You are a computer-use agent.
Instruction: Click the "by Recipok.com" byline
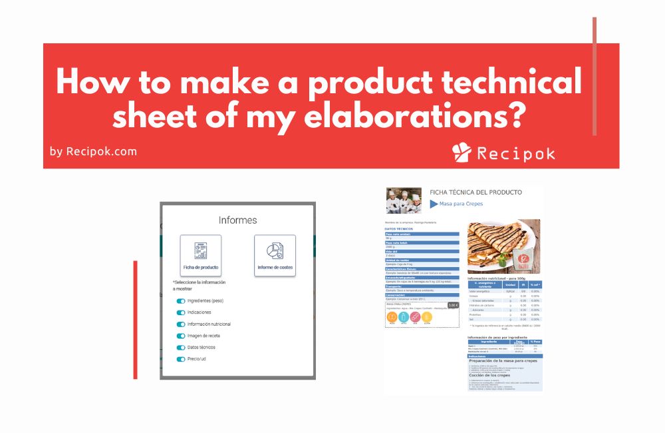click(93, 151)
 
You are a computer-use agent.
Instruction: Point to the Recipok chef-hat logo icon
click(461, 153)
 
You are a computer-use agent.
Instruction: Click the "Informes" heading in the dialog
click(237, 220)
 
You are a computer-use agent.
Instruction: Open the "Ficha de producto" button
click(201, 256)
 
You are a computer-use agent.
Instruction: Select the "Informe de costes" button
click(275, 256)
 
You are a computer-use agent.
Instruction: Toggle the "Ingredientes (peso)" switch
click(181, 301)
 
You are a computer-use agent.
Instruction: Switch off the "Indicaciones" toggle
click(181, 312)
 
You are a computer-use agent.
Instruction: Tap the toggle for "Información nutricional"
click(181, 324)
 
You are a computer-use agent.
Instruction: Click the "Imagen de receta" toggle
click(181, 336)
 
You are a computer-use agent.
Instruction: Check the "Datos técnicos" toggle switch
click(181, 348)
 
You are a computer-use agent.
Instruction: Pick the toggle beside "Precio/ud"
click(181, 359)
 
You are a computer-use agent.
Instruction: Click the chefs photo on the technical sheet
click(404, 201)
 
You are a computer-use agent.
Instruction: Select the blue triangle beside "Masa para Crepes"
click(434, 204)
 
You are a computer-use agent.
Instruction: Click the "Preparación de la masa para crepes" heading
click(507, 360)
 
